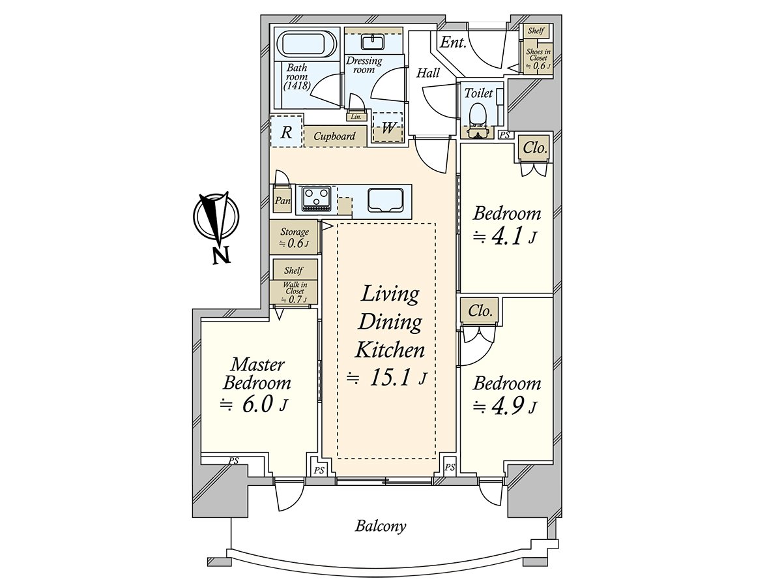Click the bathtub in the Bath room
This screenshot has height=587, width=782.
[x=307, y=45]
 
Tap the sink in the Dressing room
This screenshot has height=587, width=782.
[x=371, y=42]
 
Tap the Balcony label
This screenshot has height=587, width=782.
[x=381, y=526]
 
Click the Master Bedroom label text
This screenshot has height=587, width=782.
[x=257, y=373]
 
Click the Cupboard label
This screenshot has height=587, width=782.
[x=335, y=136]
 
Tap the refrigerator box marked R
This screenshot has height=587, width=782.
[x=286, y=132]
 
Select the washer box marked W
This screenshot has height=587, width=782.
[x=388, y=128]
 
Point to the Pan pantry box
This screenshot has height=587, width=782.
[x=282, y=201]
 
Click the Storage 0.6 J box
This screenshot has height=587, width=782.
[x=294, y=237]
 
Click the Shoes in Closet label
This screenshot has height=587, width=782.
[x=538, y=58]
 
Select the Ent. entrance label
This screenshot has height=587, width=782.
[x=453, y=43]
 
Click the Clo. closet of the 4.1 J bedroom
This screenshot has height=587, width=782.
[x=535, y=148]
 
